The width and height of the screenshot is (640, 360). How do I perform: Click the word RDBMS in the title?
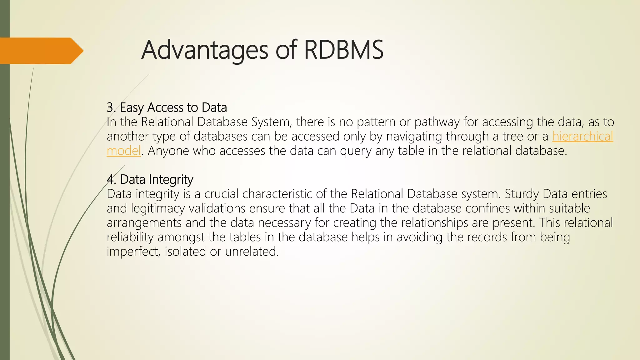[x=343, y=50]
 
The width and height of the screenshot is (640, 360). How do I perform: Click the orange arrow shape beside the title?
[x=41, y=51]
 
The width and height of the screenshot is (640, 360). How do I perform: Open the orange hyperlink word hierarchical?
[x=582, y=137]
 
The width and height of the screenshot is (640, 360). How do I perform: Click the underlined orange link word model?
[x=124, y=151]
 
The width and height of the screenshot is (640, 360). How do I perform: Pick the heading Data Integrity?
[x=157, y=180]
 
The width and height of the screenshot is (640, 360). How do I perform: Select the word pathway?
[x=437, y=122]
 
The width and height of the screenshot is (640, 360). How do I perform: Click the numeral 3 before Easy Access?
[x=110, y=108]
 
